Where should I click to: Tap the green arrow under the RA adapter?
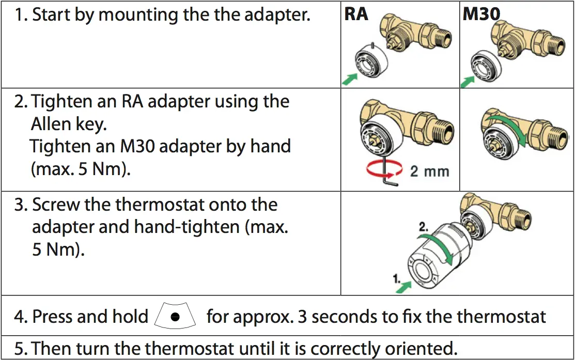pyautogui.click(x=350, y=78)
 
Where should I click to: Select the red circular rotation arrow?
pyautogui.click(x=384, y=170)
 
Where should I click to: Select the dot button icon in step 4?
pyautogui.click(x=176, y=317)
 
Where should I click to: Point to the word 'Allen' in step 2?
pyautogui.click(x=53, y=124)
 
